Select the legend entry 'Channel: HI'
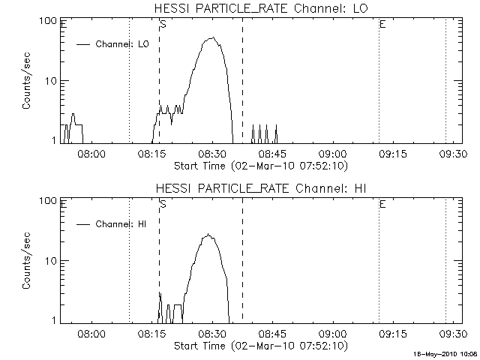[120, 224]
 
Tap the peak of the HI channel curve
[209, 235]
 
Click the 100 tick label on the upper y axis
[49, 20]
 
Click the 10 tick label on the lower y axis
[52, 260]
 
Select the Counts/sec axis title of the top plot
[26, 81]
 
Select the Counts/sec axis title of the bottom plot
[26, 261]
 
